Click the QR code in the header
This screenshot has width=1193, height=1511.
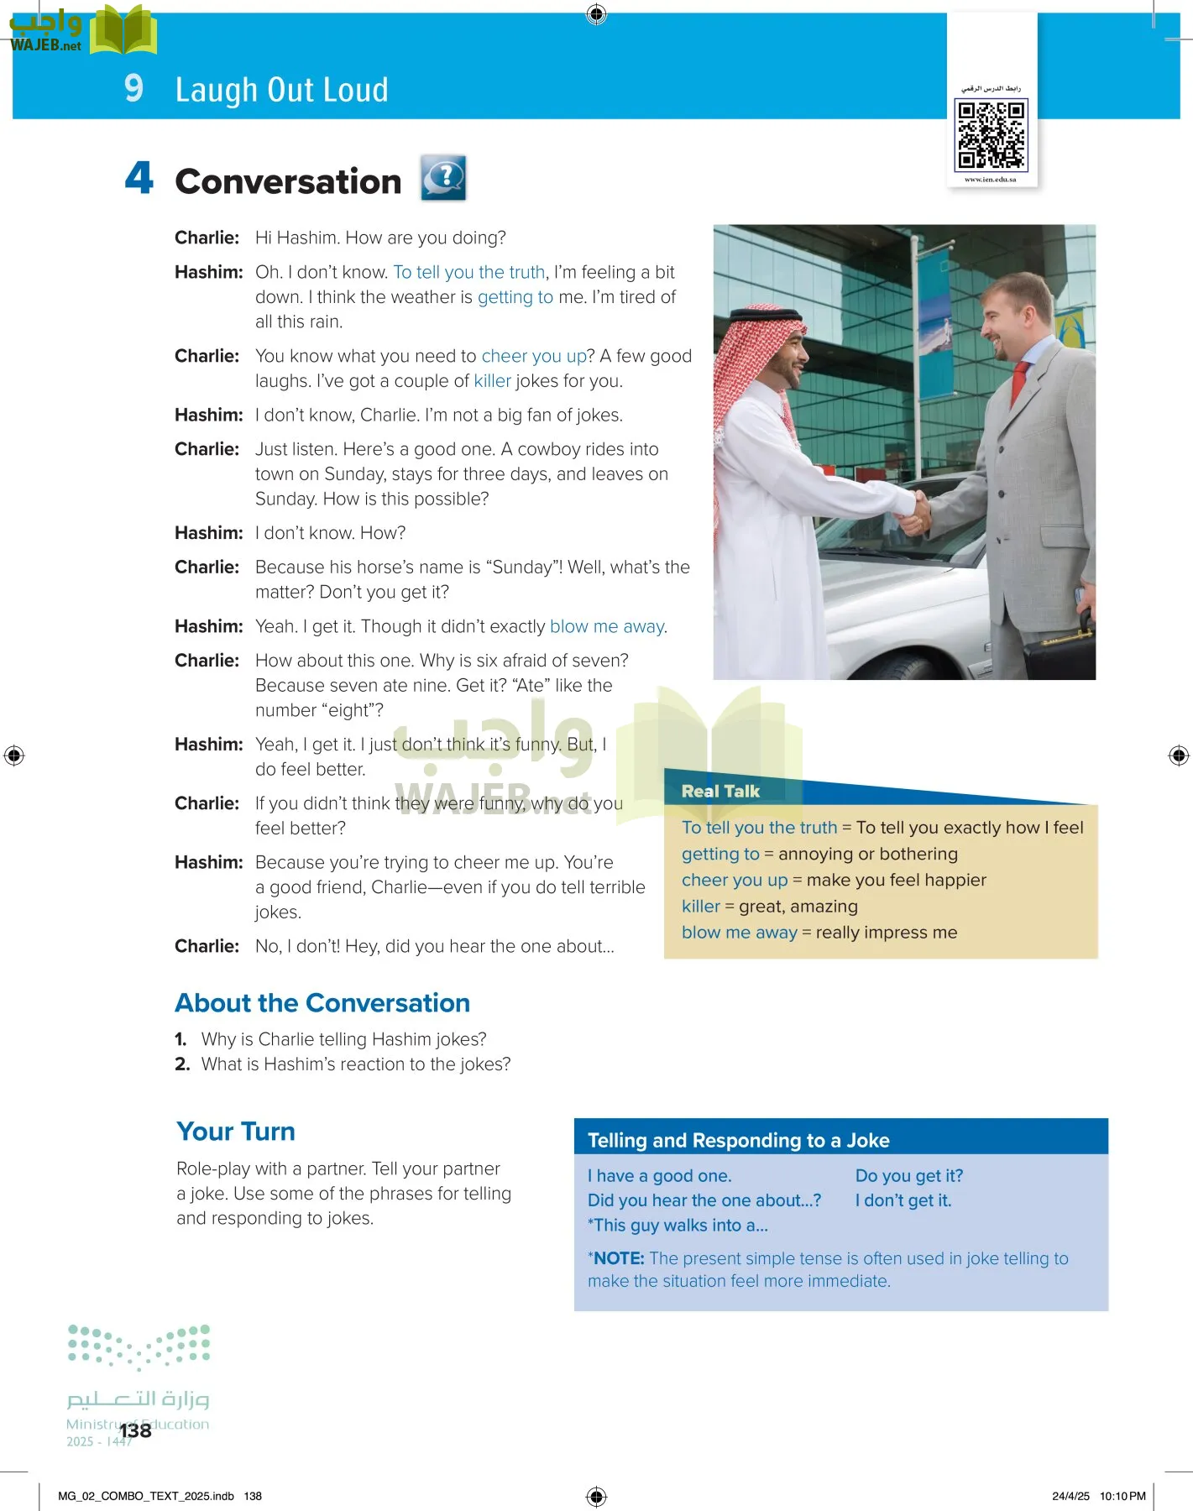click(992, 134)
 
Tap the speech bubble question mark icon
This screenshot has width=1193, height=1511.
click(443, 178)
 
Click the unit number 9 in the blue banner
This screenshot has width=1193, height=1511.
click(133, 88)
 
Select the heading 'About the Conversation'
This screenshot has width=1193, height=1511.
click(322, 1003)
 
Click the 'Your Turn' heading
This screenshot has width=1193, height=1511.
click(236, 1132)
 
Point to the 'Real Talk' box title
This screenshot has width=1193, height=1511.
click(720, 791)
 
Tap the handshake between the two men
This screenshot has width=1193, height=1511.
click(915, 512)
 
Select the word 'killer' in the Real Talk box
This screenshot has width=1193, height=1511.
click(701, 907)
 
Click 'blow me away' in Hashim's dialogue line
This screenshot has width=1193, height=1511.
click(607, 626)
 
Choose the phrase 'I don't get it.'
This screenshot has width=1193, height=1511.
click(903, 1200)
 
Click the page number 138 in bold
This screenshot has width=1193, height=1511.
click(135, 1430)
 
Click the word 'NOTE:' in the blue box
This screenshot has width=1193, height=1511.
click(619, 1258)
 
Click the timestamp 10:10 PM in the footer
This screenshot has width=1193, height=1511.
click(1122, 1496)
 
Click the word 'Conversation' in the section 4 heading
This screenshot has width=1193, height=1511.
click(288, 181)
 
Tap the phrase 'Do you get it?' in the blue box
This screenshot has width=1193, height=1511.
click(909, 1175)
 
